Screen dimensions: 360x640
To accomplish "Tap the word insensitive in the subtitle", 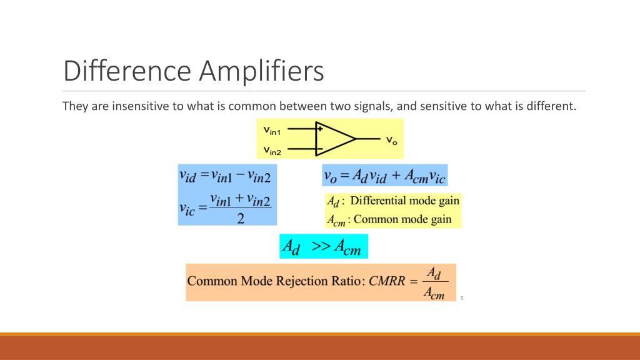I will click(142, 106).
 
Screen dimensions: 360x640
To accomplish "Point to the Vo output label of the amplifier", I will click(391, 139).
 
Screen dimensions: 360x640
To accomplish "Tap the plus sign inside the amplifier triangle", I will click(319, 129).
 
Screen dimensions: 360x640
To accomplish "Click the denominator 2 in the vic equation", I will click(240, 218).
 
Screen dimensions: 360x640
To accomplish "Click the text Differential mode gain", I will click(404, 201).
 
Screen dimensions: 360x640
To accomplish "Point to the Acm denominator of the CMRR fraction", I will click(433, 292).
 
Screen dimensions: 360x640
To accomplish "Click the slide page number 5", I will click(461, 298).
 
